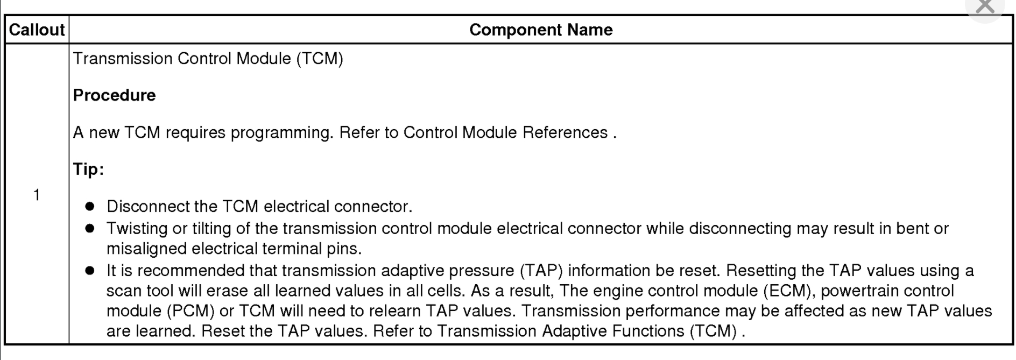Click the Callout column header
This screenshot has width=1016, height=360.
click(37, 30)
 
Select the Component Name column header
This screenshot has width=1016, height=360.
click(541, 30)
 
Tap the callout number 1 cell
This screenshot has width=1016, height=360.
click(37, 195)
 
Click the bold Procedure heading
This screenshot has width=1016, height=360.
click(114, 95)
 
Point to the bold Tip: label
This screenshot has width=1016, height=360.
click(88, 170)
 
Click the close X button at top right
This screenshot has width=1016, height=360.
click(985, 6)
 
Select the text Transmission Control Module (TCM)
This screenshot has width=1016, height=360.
click(208, 58)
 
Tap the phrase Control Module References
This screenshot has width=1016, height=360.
click(505, 132)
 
